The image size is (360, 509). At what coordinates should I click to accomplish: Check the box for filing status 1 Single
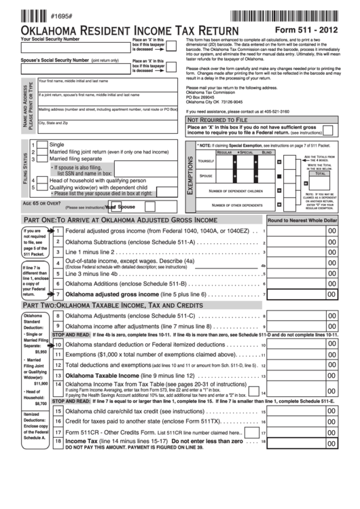pyautogui.click(x=41, y=145)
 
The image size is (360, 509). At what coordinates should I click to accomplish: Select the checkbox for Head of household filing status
pyautogui.click(x=41, y=181)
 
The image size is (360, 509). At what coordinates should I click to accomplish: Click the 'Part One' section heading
pyautogui.click(x=120, y=220)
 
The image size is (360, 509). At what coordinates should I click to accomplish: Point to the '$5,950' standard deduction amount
pyautogui.click(x=39, y=352)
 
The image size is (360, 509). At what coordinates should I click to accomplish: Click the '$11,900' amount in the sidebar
pyautogui.click(x=39, y=385)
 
